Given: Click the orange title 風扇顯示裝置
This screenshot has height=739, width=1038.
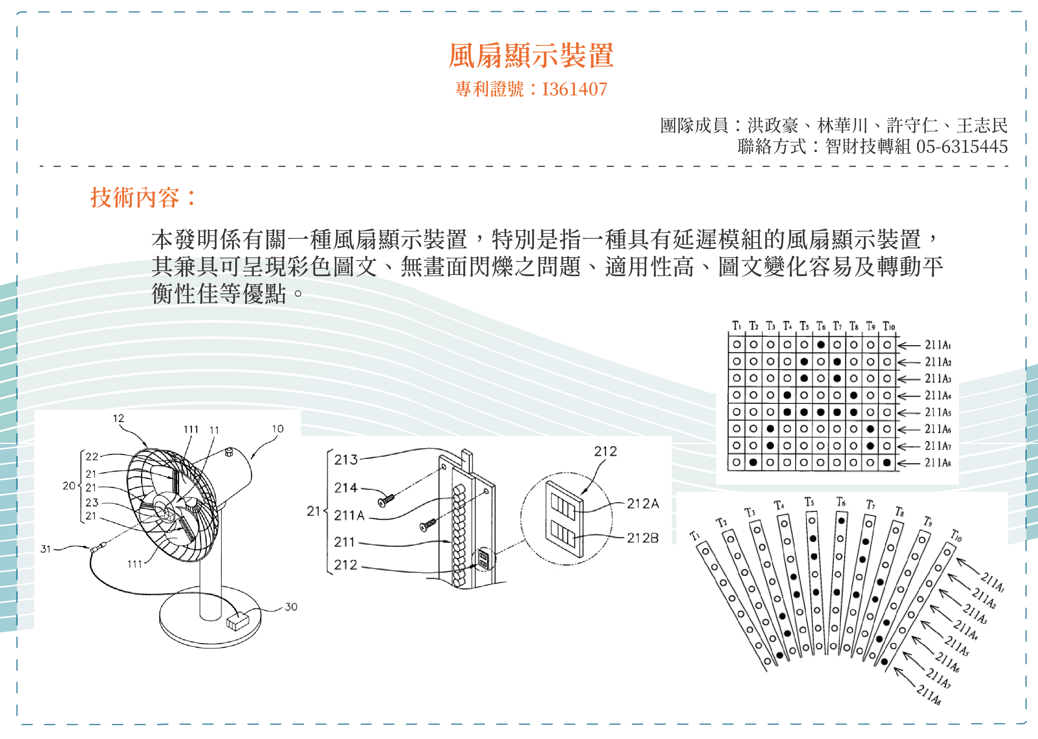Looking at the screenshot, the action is pos(531,56).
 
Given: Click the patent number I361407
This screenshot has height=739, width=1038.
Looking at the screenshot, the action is pos(574,89).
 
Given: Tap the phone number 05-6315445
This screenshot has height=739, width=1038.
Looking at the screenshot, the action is pos(961,146).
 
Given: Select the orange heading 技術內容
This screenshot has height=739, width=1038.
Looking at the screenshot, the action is pos(135,198).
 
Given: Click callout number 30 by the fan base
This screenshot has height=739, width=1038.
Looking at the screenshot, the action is pos(291,607).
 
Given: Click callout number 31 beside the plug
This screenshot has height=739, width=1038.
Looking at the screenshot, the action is pos(45,549).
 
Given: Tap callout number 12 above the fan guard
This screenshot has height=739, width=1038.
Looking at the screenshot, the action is pos(118,418).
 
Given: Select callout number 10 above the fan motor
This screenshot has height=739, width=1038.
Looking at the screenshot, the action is pos(277,429).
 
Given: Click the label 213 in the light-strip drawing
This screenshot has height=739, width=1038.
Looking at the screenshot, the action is pos(346,459).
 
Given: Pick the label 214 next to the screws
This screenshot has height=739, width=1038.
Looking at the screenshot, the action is pos(346,488).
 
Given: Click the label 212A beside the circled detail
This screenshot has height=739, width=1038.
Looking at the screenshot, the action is pos(642,503).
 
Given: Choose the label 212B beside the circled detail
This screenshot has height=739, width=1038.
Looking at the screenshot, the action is pos(642,538).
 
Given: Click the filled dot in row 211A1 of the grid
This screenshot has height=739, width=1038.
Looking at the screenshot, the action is pos(820,344).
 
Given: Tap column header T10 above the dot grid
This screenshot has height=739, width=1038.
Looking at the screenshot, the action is pos(889,326).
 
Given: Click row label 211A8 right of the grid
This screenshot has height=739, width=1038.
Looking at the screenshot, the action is pos(938,463).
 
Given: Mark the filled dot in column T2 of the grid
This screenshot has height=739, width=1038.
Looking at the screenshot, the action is pos(753,462).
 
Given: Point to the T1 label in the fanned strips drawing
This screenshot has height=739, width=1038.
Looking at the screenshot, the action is pos(694,536).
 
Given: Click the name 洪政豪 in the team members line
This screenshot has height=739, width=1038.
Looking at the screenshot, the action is pos(773,125).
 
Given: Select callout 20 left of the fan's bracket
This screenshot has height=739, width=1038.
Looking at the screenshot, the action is pos(69,485).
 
